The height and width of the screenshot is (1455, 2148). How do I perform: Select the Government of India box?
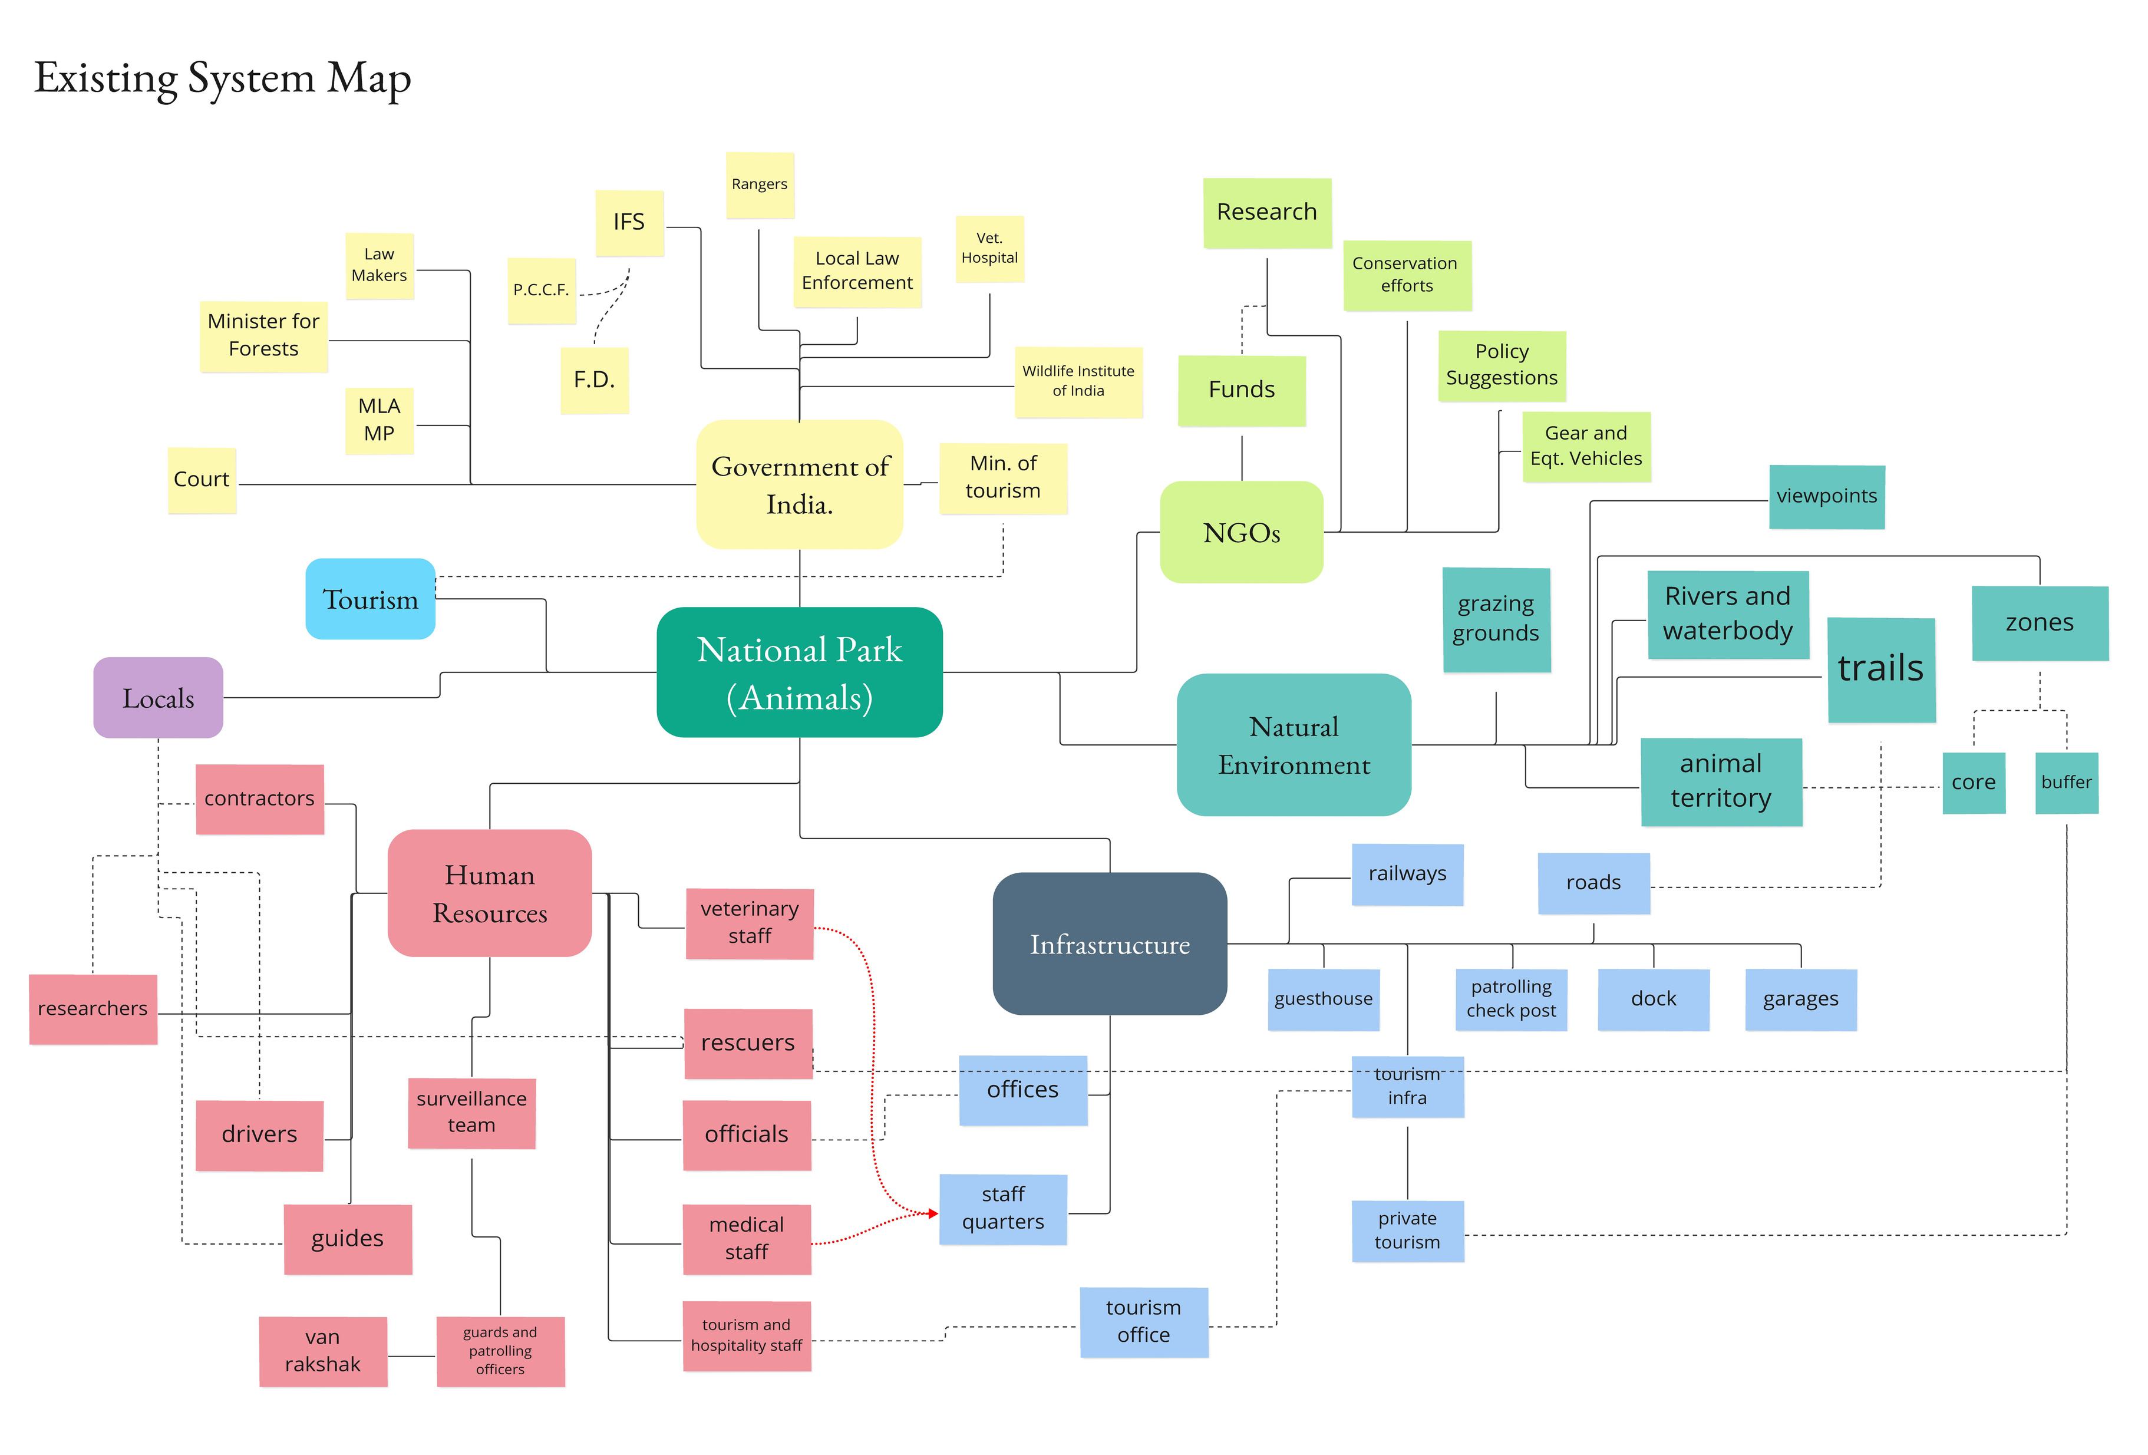click(x=800, y=484)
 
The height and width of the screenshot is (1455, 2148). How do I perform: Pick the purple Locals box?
click(x=158, y=698)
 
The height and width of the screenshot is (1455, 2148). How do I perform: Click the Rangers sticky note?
click(x=760, y=185)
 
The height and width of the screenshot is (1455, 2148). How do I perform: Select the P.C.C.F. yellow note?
click(x=542, y=291)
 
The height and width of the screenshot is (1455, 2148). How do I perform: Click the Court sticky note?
click(x=202, y=480)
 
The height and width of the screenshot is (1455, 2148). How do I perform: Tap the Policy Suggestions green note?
click(x=1502, y=366)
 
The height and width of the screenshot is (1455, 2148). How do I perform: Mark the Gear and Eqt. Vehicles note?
click(x=1586, y=447)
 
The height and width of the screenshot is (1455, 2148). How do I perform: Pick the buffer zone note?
click(x=2067, y=783)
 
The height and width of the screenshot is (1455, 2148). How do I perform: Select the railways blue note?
click(x=1408, y=875)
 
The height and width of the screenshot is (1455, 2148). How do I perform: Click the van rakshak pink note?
click(x=322, y=1351)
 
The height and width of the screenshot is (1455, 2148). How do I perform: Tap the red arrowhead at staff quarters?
click(x=933, y=1214)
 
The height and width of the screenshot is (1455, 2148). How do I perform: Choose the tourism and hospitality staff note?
click(x=747, y=1336)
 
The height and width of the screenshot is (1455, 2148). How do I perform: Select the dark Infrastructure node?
click(x=1110, y=944)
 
